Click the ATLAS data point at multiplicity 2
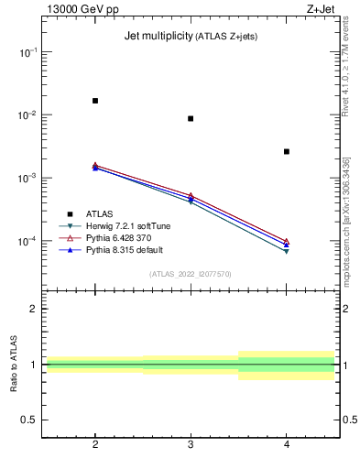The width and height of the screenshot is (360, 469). pos(95,101)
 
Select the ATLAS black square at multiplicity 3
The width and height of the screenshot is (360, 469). pos(191,118)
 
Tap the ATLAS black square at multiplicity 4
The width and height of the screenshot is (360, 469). pos(287,151)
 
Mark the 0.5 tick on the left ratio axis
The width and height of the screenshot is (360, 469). pos(29,420)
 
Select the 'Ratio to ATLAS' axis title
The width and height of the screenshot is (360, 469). pos(13,364)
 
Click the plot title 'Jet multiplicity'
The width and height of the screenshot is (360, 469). pos(158,37)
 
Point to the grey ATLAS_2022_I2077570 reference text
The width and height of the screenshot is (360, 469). pos(191,273)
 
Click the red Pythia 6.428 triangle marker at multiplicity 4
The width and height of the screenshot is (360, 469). pos(287,241)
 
